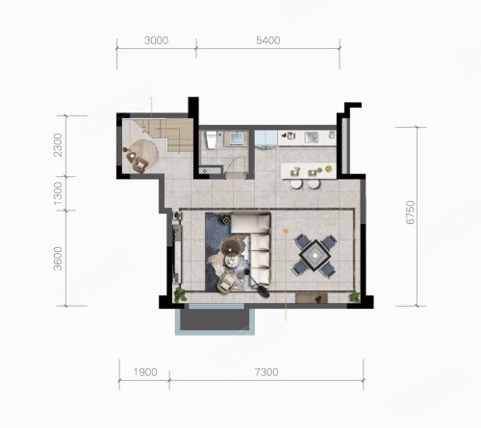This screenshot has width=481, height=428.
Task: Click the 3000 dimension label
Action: (156, 40)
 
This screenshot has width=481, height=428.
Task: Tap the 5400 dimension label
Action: (268, 40)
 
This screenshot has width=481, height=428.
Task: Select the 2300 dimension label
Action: (58, 145)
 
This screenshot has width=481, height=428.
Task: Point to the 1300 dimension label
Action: (58, 193)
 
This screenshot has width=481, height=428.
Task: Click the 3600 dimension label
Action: (58, 259)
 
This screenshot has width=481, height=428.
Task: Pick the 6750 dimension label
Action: (410, 213)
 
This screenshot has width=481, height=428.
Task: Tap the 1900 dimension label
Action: (145, 372)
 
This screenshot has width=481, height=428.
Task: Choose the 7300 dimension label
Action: (266, 372)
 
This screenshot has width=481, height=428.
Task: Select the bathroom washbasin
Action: (236, 138)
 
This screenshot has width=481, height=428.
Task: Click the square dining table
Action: (316, 256)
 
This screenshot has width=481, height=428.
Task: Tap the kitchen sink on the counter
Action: (312, 138)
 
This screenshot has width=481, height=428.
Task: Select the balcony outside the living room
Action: (215, 319)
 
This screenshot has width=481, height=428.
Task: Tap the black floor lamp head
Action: (265, 293)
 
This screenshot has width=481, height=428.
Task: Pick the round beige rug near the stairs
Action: (143, 154)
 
